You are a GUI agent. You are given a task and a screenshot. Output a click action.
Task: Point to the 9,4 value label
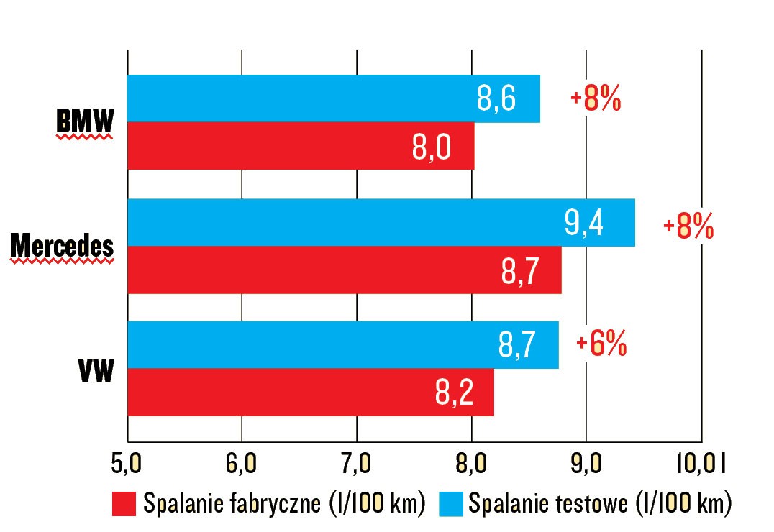[x=584, y=223]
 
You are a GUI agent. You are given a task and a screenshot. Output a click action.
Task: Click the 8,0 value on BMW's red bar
[x=432, y=147]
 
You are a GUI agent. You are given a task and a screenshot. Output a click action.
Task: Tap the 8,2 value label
[x=454, y=393]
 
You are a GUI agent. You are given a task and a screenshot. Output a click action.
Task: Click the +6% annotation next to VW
[x=601, y=344]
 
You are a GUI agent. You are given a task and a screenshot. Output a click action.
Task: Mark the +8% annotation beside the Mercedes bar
[x=688, y=227]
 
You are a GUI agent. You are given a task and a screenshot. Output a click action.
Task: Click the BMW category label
[x=85, y=124]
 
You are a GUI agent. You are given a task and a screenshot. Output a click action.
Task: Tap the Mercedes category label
[x=63, y=247]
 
